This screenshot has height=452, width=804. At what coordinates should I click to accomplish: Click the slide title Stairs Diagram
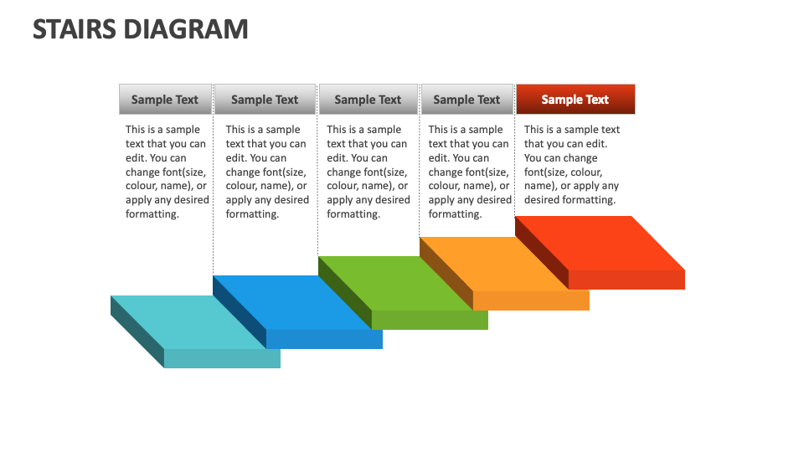point(141,29)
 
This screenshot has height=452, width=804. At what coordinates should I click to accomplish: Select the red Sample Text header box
point(575,99)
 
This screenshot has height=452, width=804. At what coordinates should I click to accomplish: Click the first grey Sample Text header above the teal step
point(165,99)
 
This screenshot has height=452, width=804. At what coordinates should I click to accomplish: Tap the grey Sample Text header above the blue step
point(265,99)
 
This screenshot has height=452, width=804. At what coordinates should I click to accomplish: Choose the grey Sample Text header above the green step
point(368,99)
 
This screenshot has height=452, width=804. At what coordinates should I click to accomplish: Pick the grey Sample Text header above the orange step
point(466,99)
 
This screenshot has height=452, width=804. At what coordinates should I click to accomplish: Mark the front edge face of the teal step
point(222,358)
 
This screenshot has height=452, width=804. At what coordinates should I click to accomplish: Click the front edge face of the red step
point(626,280)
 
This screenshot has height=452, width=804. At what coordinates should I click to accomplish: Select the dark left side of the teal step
point(137,331)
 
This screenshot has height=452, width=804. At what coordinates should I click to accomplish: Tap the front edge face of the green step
point(430,320)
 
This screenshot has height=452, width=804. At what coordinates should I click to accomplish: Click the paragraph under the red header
point(572,165)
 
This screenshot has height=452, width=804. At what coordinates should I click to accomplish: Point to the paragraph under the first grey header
point(167,172)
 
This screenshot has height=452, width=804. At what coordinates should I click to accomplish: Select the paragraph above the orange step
point(469,172)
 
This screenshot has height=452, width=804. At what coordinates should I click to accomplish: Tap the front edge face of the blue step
point(324,339)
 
